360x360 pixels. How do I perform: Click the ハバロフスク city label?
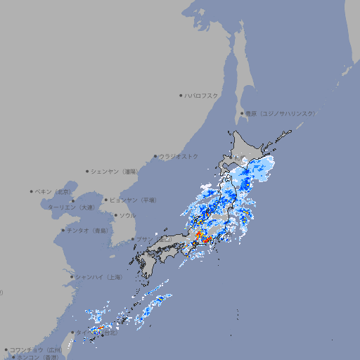click(202, 95)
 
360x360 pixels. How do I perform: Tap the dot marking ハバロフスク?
click(181, 95)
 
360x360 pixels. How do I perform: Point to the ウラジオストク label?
click(179, 156)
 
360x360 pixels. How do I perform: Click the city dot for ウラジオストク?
click(155, 157)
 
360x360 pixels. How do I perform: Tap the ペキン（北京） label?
click(55, 191)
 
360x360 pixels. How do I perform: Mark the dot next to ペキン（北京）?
click(32, 191)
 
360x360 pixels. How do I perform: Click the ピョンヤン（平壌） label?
click(133, 200)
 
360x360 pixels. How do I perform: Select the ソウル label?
click(127, 215)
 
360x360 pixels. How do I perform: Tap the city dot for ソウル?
click(115, 215)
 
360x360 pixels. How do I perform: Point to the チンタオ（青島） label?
click(88, 231)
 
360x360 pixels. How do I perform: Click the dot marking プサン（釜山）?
click(132, 240)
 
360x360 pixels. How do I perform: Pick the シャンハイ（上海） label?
click(99, 277)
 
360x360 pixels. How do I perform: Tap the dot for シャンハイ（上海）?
click(72, 277)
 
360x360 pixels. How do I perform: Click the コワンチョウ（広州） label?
click(36, 349)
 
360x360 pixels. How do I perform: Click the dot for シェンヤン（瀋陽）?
click(87, 171)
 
